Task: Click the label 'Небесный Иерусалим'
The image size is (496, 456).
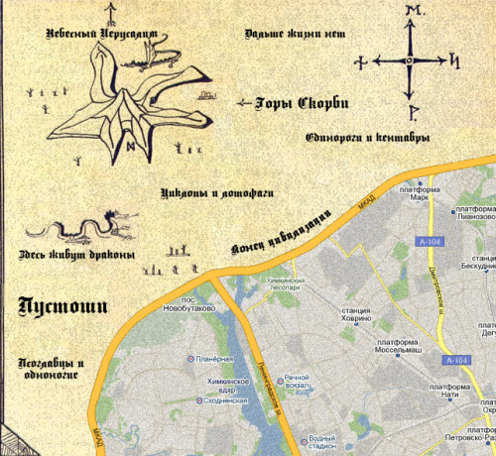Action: click(101, 33)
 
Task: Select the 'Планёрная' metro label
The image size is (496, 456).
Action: click(215, 358)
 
